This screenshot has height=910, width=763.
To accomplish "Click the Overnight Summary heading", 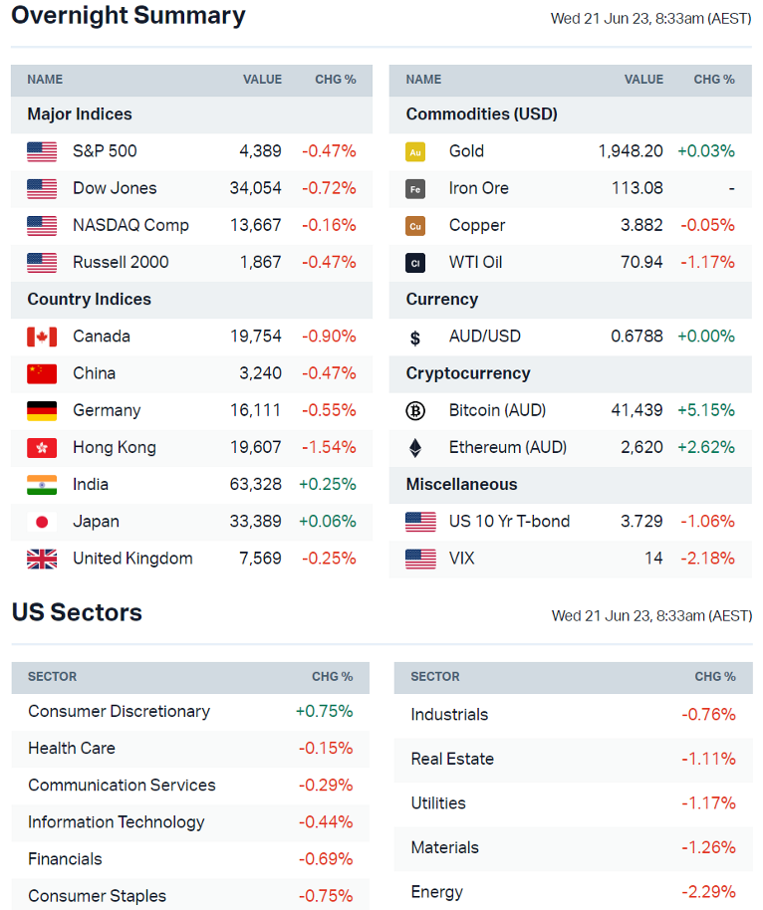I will click(128, 16).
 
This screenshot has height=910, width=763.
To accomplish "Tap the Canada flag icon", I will click(42, 337).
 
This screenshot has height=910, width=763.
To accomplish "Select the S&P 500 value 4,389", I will click(260, 151).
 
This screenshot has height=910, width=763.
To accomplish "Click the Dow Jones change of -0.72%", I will click(329, 188).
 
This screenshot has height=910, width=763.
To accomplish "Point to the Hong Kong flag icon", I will click(42, 448).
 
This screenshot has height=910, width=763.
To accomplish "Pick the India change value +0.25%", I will click(328, 485).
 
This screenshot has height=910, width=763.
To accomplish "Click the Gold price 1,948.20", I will click(631, 151).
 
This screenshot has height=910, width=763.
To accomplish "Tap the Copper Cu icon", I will click(415, 226).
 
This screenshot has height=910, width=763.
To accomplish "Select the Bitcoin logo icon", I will click(415, 410).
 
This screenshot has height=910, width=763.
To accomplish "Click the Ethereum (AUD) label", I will click(508, 448).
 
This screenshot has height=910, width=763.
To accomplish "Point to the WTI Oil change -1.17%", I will click(707, 263).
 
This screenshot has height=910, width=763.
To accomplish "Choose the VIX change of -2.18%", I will click(707, 559).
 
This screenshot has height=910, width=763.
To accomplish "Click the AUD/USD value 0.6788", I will click(636, 337).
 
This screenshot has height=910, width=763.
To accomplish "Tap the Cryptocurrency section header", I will click(467, 373).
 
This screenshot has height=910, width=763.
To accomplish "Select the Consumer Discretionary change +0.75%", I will click(324, 712).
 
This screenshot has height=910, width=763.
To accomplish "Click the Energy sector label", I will click(437, 892).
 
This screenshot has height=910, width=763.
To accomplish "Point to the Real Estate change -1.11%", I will click(708, 759).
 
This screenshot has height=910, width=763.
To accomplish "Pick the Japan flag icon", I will click(42, 522).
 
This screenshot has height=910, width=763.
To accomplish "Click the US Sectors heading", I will click(77, 612).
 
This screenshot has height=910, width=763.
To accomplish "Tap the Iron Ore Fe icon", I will click(415, 188).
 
